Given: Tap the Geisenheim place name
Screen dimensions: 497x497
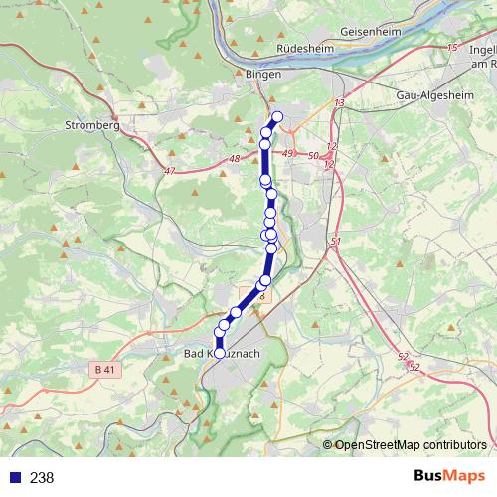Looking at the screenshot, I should pos(370,31).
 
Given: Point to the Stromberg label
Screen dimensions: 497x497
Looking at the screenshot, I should pos(91,126).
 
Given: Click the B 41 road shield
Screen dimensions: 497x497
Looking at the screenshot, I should pos(105,370).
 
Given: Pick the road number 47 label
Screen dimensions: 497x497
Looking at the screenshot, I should pos(169,171).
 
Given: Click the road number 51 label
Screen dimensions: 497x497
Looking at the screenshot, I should pos(335,242).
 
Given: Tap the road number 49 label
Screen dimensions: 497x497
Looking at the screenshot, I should pos(289,153).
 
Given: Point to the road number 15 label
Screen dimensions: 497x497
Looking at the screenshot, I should pos(453,48).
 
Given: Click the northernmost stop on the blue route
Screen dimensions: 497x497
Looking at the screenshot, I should pos(277,117).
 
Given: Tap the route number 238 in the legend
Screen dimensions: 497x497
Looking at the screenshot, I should pos(42,477).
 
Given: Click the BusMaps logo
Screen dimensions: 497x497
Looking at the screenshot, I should pos(449,476).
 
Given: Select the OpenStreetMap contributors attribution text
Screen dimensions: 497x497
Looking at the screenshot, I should pos(412,444).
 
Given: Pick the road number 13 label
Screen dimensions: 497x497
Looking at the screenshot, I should pos(339,103).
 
